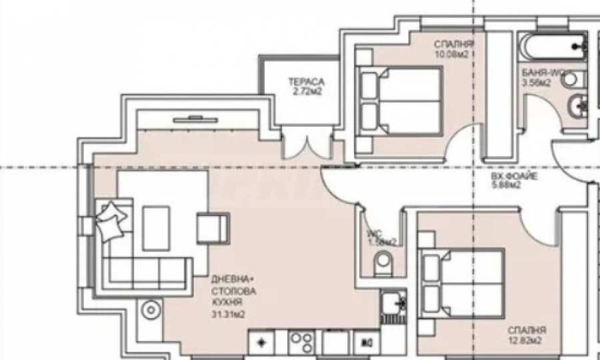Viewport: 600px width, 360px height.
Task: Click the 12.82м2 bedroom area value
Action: coord(526,340)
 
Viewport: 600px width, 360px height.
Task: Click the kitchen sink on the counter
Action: coord(391,303)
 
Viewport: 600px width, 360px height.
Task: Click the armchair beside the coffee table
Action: coord(211,226)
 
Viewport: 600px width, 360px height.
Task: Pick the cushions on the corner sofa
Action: coord(109,220)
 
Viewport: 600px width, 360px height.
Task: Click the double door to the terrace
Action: coord(307,142)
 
